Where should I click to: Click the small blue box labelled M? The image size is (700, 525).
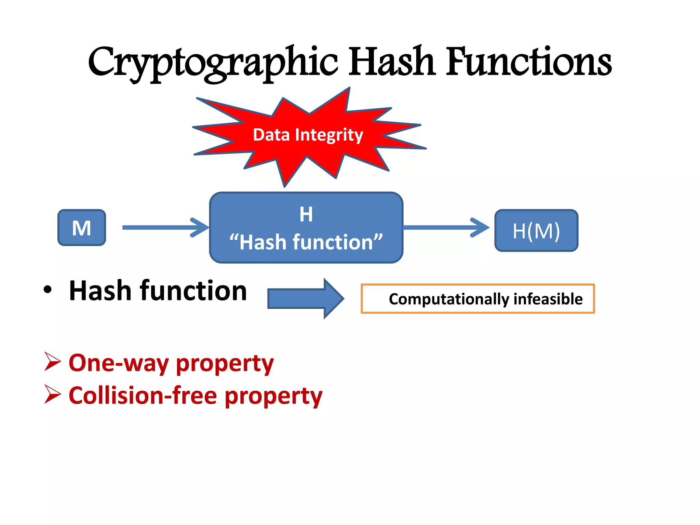tap(82, 228)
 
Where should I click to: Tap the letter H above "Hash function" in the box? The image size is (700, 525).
tap(306, 214)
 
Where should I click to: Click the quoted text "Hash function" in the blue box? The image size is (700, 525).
tap(306, 242)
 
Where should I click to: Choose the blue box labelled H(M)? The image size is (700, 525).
tap(536, 231)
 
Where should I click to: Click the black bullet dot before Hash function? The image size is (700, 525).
tap(48, 290)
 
